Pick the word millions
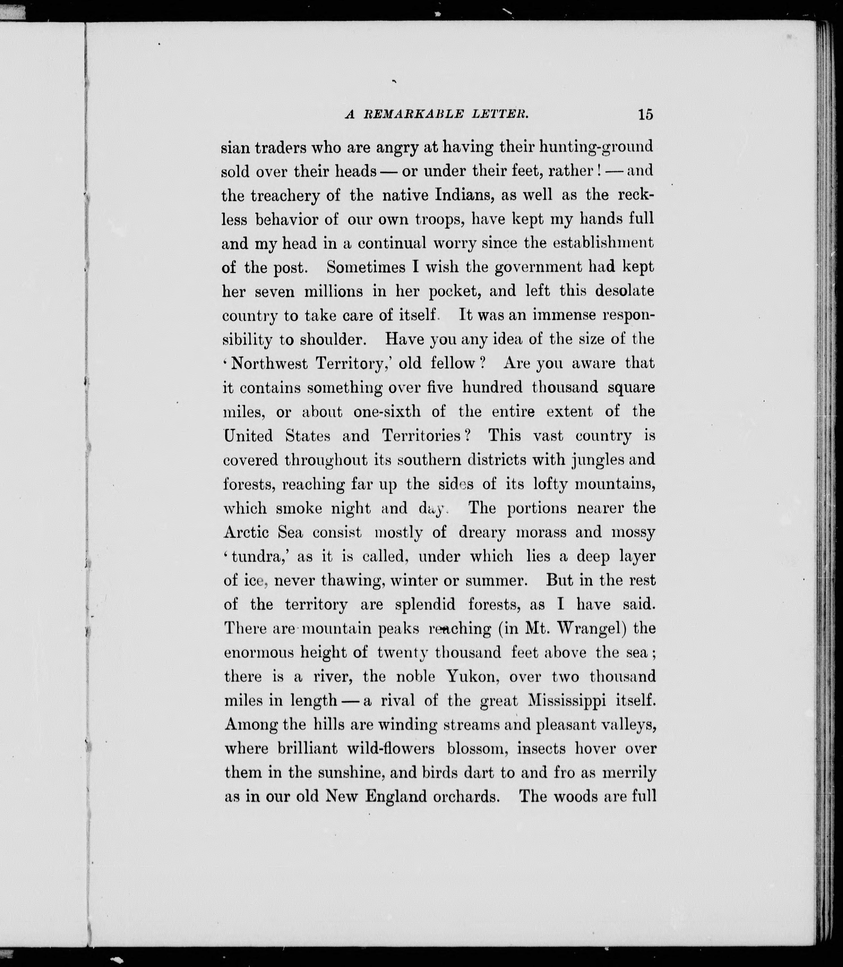334,292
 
